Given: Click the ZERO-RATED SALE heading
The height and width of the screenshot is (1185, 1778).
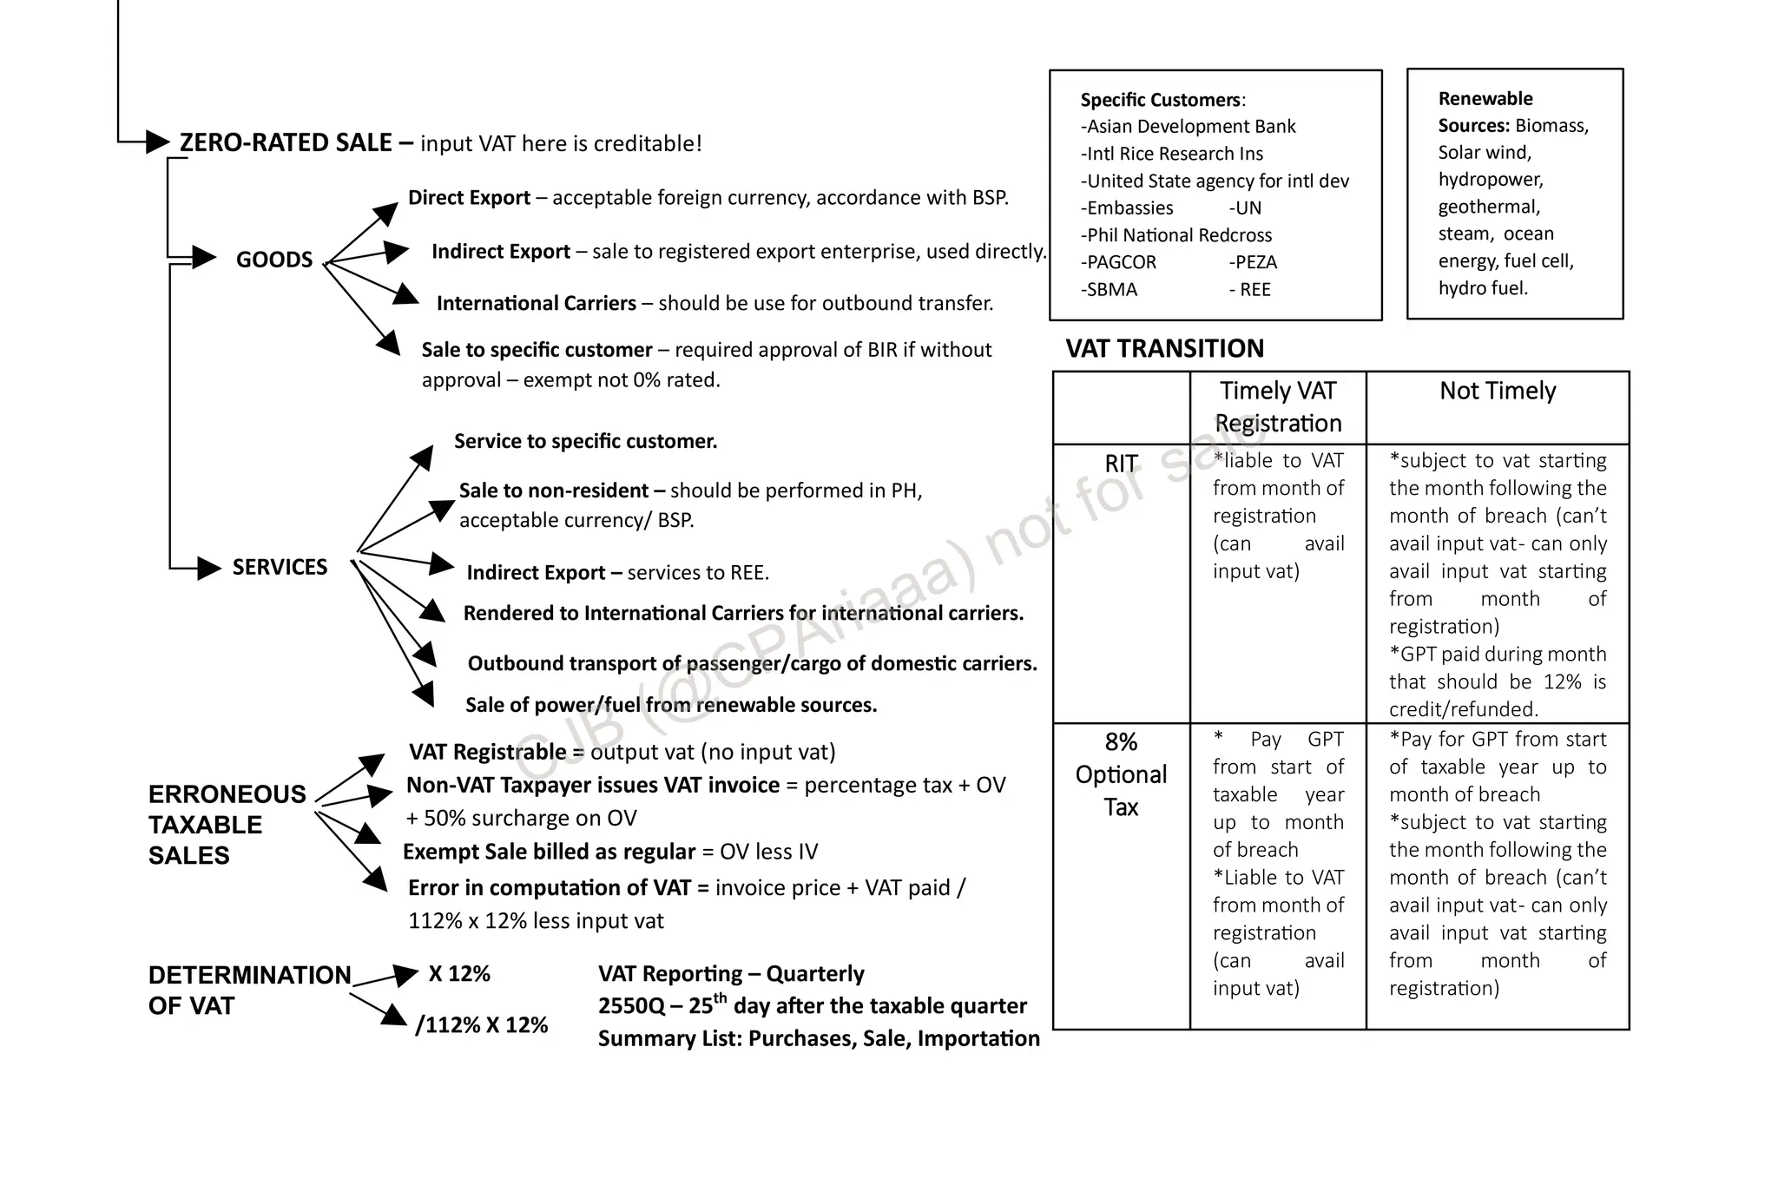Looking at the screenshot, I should coord(286,142).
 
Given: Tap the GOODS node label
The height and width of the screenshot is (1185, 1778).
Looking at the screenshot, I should coord(274,260).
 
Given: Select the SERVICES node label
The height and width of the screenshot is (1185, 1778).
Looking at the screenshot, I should coord(280,567).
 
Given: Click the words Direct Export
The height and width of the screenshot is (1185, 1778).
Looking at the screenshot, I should coord(469,198).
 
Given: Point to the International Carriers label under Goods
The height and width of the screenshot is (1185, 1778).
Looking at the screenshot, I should coord(536,303).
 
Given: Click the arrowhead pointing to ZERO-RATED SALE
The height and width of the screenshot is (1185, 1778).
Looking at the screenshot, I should coord(157,142).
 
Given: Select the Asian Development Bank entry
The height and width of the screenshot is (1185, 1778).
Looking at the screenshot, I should coord(1189,127).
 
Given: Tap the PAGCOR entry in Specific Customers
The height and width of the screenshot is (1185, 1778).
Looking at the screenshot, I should coord(1120,262).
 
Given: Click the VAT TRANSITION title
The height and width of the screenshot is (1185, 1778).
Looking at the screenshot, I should coord(1164,348).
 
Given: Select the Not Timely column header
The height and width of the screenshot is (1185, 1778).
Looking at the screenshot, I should coord(1497,391).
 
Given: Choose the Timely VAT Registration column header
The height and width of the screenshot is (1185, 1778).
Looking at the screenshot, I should coord(1277,407).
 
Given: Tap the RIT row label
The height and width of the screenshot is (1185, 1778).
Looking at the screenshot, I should coord(1121,464).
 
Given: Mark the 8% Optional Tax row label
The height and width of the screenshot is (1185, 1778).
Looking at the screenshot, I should coord(1121,774).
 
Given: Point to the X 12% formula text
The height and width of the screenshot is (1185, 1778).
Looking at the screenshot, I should coord(459,974).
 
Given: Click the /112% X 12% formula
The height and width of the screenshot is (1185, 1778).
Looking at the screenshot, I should coord(482,1025).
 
